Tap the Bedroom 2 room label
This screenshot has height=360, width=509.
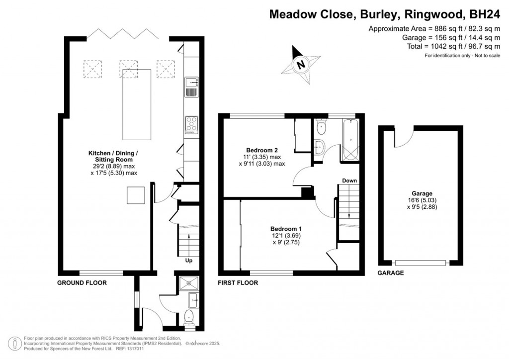tap(262, 150)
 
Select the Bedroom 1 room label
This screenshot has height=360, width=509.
tap(286, 229)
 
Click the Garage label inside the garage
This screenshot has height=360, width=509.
tap(422, 193)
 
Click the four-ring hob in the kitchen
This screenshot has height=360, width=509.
tap(192, 125)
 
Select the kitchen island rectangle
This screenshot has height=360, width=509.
tap(137, 104)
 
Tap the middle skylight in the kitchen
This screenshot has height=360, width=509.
tap(129, 69)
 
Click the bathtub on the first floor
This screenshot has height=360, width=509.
tap(350, 140)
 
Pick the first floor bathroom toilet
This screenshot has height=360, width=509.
tap(321, 127)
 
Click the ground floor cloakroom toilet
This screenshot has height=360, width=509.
tap(188, 317)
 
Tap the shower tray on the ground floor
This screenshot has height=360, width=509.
tap(189, 282)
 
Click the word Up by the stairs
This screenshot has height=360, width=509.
tap(188, 261)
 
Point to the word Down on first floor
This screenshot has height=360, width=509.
tap(349, 180)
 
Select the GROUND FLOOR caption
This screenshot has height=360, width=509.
tap(82, 283)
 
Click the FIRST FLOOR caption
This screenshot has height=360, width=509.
tap(238, 283)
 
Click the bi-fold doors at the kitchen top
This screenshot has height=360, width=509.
tap(122, 34)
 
